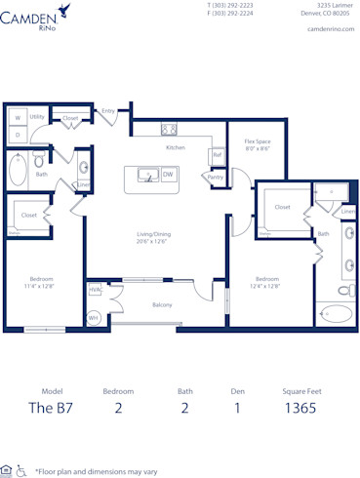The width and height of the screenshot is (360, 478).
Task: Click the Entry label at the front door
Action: click(x=108, y=111)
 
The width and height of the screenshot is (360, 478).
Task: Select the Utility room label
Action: click(x=37, y=116)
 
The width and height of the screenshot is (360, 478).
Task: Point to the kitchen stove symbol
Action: click(x=168, y=128)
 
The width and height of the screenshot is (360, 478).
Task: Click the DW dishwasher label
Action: click(x=168, y=176)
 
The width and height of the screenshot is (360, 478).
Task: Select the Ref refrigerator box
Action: click(x=217, y=155)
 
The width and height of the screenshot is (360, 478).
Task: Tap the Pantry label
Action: click(x=215, y=177)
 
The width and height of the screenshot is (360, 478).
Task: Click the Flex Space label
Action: click(x=257, y=145)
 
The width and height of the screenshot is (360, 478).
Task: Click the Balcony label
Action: click(x=162, y=305)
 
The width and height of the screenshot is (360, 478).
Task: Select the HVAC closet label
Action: click(x=96, y=290)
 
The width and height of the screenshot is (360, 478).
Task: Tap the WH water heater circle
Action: click(x=94, y=318)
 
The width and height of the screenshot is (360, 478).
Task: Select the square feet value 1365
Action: click(x=300, y=408)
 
